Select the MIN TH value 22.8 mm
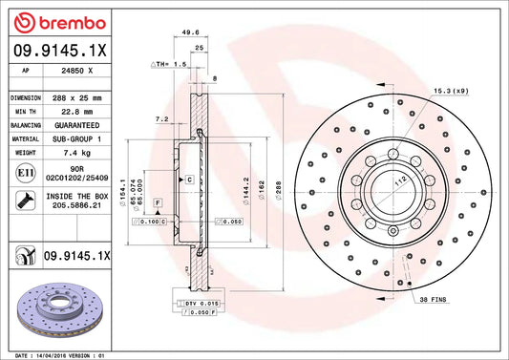81,112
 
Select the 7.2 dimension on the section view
161,120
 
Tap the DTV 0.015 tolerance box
201,302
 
